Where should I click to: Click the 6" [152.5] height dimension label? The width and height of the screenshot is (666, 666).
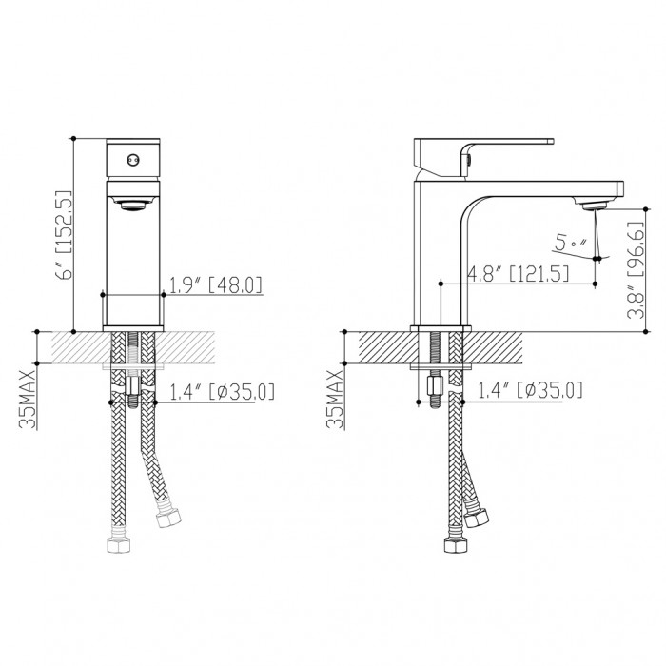coord(64,234)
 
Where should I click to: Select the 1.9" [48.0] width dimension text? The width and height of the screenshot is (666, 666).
coord(216,285)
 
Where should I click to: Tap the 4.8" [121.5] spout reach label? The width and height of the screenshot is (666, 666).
coord(518,273)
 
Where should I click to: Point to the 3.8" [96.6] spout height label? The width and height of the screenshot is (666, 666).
coord(636,270)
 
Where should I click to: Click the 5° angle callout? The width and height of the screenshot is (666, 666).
coord(570,244)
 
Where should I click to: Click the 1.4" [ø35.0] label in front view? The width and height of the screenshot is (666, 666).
coord(222,391)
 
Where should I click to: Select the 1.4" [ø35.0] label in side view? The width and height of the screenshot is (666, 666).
coord(530,390)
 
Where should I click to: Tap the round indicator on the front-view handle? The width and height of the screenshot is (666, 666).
coord(133,160)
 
